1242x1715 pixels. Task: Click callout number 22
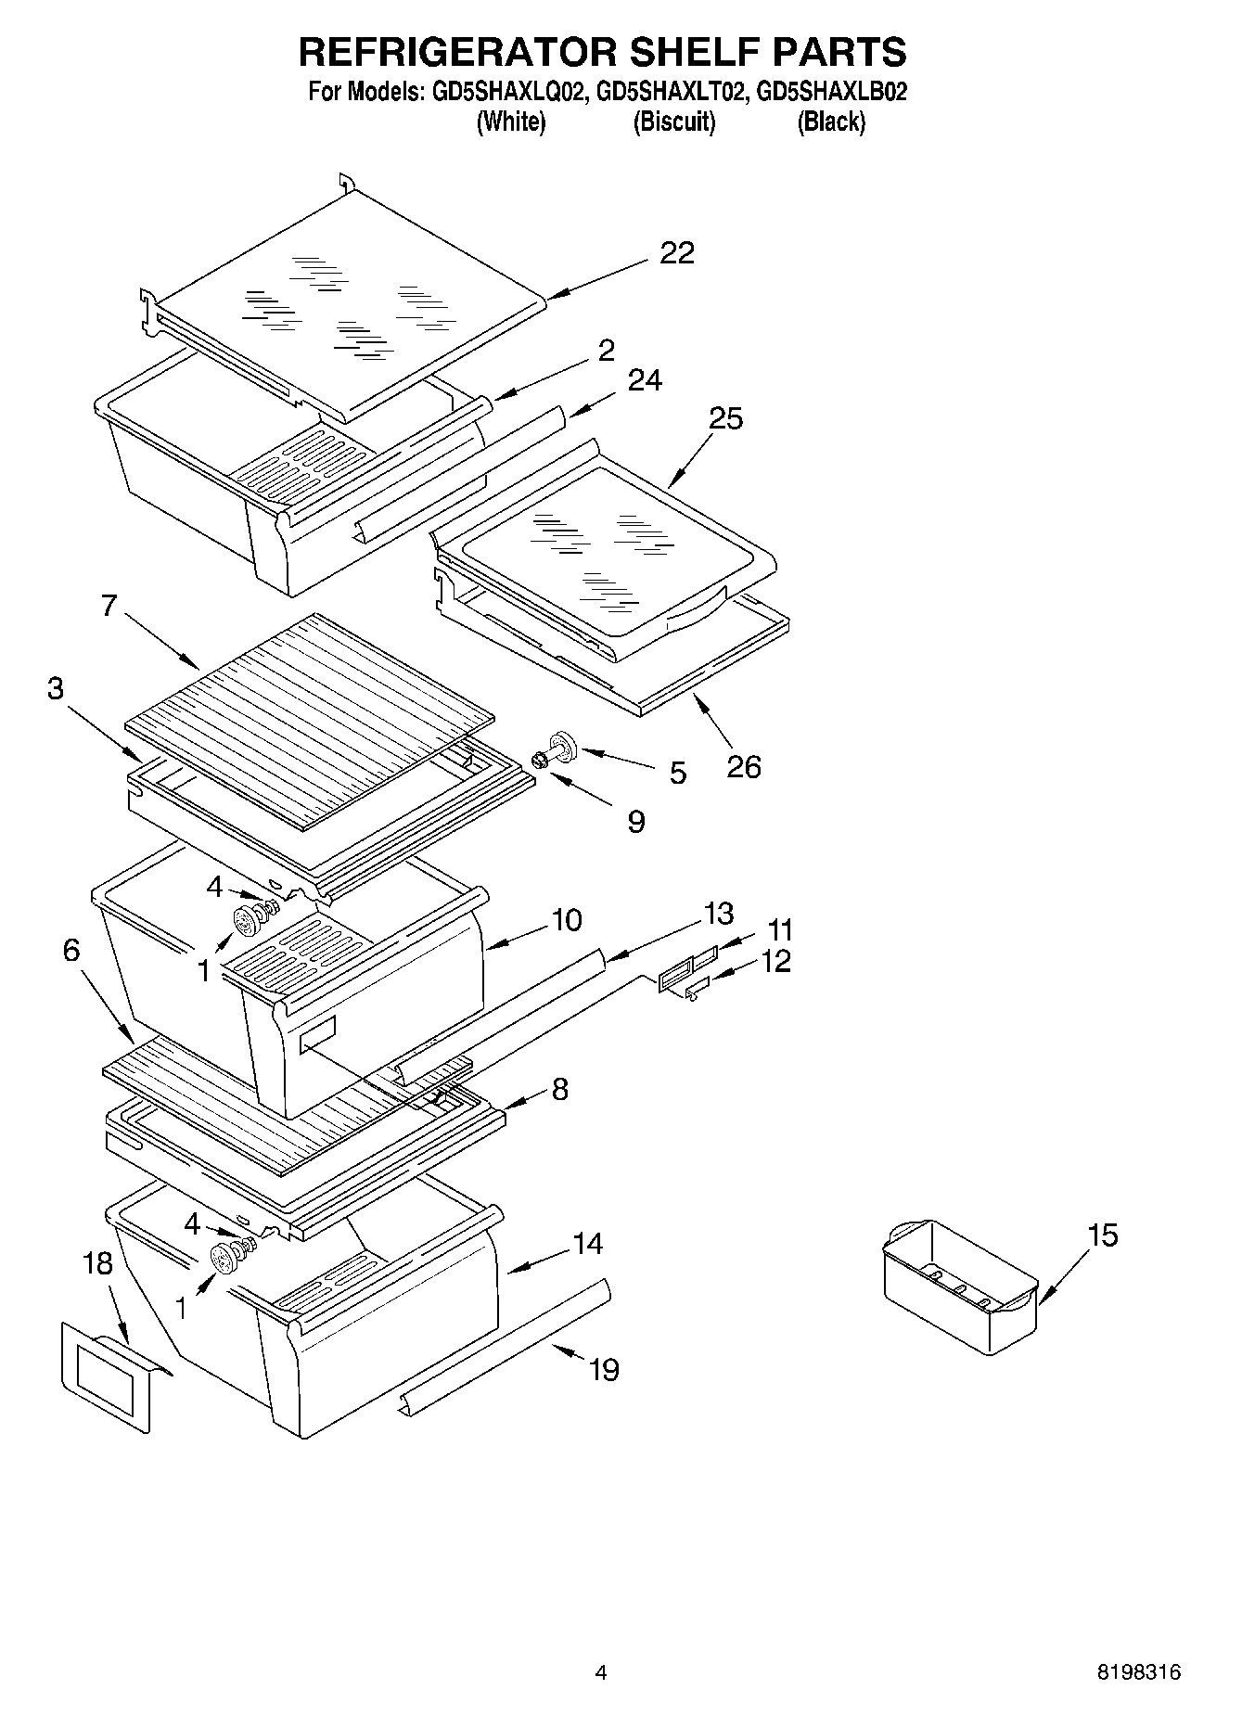[x=677, y=253]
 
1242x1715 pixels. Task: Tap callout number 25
[x=726, y=418]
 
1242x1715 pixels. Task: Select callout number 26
[x=744, y=766]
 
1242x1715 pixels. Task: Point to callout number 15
[x=1103, y=1235]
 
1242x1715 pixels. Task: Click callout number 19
[x=604, y=1369]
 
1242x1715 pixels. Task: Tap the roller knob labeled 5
[x=562, y=744]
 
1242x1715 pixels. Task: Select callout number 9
[x=636, y=821]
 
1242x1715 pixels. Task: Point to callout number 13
[x=718, y=914]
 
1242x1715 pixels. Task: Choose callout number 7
[x=109, y=607]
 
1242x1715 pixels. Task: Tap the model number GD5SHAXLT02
[x=672, y=93]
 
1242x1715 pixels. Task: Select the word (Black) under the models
[x=831, y=122]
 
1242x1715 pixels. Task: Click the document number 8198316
[x=1139, y=1672]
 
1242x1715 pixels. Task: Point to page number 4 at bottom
[x=600, y=1672]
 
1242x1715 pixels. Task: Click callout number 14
[x=586, y=1244]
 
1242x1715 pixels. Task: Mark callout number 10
[x=566, y=920]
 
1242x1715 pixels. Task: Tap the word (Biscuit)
[x=674, y=122]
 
